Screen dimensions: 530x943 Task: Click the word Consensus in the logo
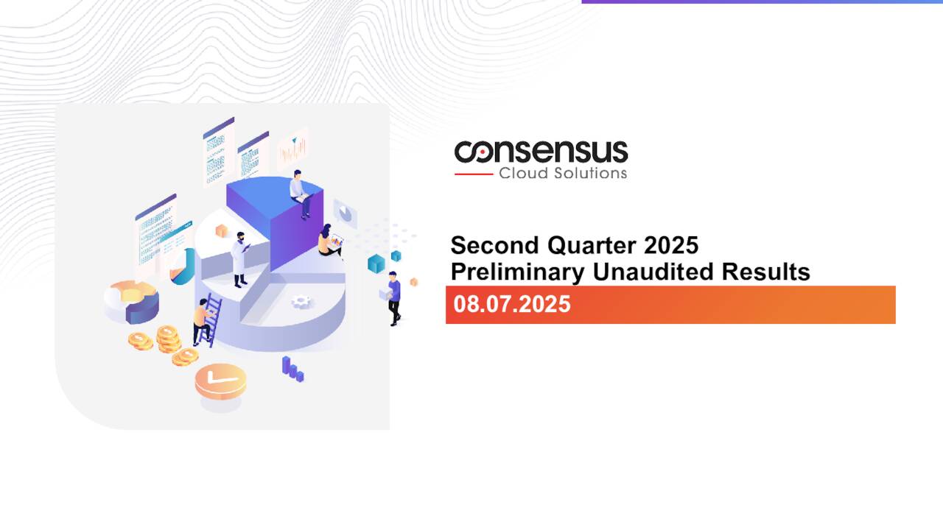coord(541,152)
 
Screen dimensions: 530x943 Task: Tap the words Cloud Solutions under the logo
coord(563,174)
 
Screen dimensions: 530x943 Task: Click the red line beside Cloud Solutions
coord(473,174)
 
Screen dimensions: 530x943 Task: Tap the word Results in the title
coord(765,272)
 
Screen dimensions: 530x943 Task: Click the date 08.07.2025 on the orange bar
coord(512,304)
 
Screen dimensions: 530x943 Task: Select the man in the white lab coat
coord(240,258)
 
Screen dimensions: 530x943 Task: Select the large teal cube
coord(376,264)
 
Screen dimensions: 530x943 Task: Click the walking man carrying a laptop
coord(394,297)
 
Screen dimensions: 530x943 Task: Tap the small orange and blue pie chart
coord(131,300)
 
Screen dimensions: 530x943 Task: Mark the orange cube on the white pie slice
coord(220,232)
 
